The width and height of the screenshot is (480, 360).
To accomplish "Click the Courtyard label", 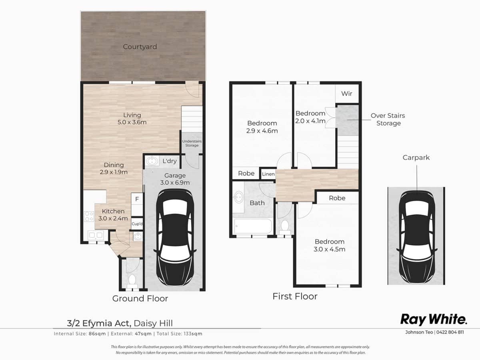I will pyautogui.click(x=140, y=47).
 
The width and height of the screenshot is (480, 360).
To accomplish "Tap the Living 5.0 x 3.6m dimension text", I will pyautogui.click(x=132, y=119).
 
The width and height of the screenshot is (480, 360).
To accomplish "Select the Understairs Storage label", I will pyautogui.click(x=192, y=143).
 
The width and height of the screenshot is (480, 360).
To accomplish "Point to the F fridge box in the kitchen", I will pyautogui.click(x=137, y=199).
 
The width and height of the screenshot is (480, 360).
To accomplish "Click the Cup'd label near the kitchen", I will pyautogui.click(x=137, y=224).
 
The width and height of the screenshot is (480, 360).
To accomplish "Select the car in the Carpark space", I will pyautogui.click(x=416, y=236).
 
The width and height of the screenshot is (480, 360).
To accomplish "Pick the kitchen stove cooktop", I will pyautogui.click(x=89, y=217).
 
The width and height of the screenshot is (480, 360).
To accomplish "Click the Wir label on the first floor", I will pyautogui.click(x=346, y=94).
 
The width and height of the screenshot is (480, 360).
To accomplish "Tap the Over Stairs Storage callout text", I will pyautogui.click(x=388, y=119).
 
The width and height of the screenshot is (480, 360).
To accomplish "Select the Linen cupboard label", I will pyautogui.click(x=268, y=174).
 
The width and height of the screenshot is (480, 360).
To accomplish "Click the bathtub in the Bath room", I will pyautogui.click(x=253, y=227).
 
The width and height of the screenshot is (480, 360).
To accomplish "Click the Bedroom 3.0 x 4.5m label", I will pyautogui.click(x=330, y=245).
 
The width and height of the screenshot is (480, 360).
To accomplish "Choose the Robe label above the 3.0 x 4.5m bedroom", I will pyautogui.click(x=337, y=198).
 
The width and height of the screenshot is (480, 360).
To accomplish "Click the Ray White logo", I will pyautogui.click(x=434, y=319).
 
